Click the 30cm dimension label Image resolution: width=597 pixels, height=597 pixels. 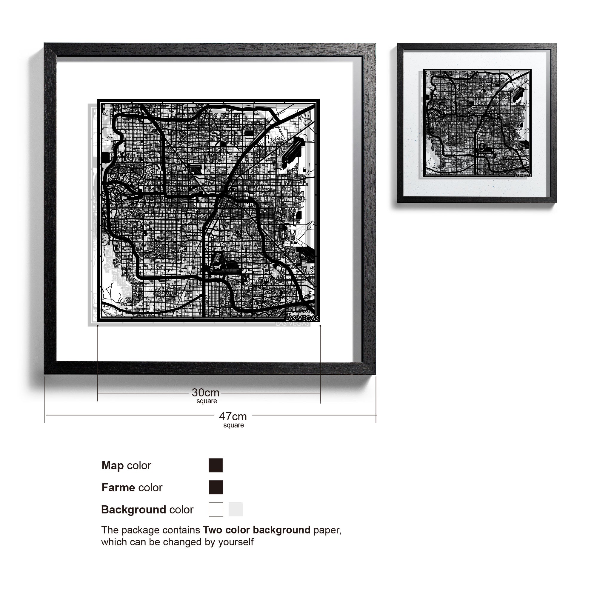tap(205, 393)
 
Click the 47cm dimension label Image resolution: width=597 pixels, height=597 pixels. tap(233, 416)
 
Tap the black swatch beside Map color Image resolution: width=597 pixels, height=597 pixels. tap(216, 465)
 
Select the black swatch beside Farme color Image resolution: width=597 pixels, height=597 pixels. tap(216, 487)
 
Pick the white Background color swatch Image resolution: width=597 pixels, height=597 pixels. tap(216, 509)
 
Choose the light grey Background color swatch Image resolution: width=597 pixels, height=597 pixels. tap(236, 509)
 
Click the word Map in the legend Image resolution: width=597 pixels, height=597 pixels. tap(113, 465)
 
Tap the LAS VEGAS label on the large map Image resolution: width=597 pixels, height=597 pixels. tap(301, 318)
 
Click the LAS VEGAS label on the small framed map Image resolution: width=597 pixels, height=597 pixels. tap(523, 175)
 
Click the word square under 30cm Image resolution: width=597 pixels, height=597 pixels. tap(207, 401)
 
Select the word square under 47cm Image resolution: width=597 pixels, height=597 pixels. tap(234, 425)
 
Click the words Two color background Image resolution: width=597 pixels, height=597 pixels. tap(256, 530)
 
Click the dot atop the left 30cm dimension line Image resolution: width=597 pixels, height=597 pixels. tap(98, 326)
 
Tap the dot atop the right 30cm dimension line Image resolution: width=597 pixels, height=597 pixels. tap(320, 326)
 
